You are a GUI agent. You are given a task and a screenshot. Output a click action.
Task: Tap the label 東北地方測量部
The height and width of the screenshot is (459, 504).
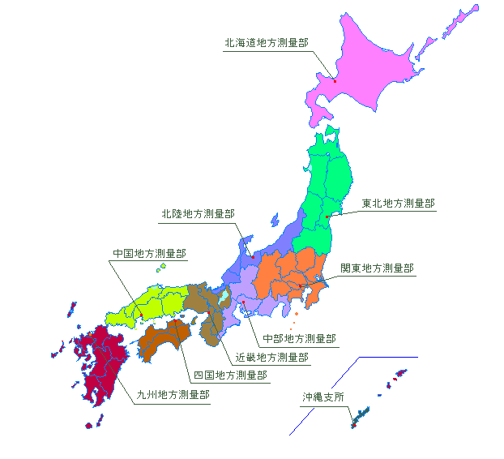(x=398, y=203)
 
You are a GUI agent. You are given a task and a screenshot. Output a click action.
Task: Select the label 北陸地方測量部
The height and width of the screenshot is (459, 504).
(x=198, y=213)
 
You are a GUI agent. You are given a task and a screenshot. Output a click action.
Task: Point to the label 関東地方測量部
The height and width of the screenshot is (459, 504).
(x=377, y=268)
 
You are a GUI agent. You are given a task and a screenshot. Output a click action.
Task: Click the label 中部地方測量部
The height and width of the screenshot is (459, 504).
(x=299, y=338)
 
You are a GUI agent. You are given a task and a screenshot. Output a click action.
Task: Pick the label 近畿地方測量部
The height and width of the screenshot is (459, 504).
(x=271, y=356)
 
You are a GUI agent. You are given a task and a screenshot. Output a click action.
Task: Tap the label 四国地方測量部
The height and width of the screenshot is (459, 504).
(x=230, y=375)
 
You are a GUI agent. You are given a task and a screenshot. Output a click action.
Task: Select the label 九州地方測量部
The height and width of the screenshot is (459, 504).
(x=173, y=395)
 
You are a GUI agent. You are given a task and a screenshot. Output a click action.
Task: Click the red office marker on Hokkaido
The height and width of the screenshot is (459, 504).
(x=335, y=80)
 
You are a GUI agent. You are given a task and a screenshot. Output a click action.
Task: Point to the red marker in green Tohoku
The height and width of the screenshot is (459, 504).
(x=327, y=217)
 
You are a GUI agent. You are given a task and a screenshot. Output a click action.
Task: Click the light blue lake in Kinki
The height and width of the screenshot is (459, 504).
(x=223, y=298)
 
